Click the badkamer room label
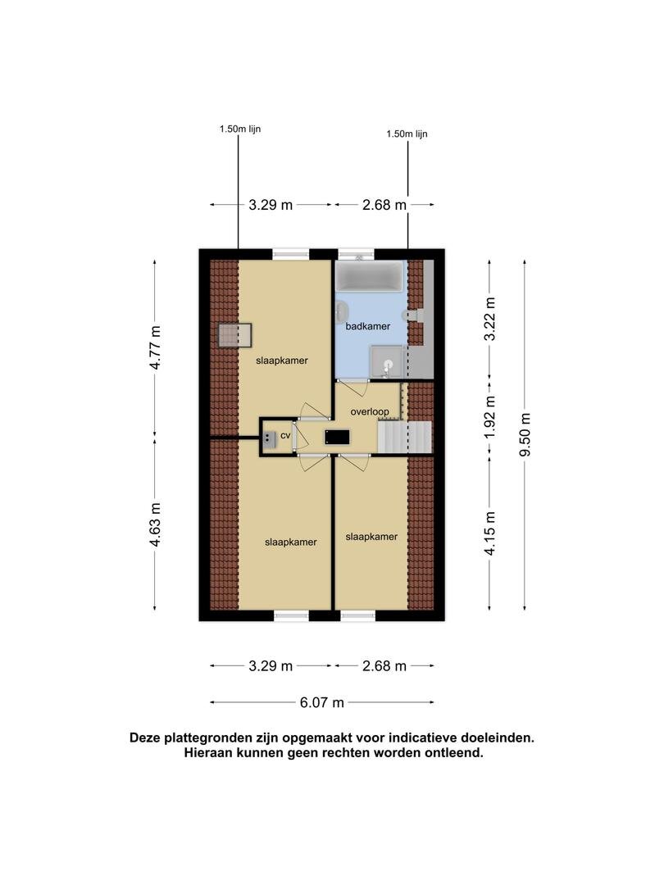click(367, 326)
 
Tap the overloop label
click(369, 412)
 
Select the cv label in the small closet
click(285, 436)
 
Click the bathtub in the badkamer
click(369, 276)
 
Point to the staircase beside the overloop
click(404, 437)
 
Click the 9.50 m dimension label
click(525, 435)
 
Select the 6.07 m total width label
click(322, 703)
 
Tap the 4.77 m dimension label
click(155, 347)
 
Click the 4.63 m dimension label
click(155, 525)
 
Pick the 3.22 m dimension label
click(490, 319)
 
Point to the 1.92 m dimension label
click(490, 417)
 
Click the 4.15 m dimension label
click(490, 533)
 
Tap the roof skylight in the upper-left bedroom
click(235, 335)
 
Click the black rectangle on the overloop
click(337, 437)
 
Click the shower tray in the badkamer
click(387, 362)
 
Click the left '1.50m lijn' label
click(240, 129)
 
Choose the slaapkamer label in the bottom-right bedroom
click(371, 537)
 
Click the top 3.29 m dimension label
click(271, 205)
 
